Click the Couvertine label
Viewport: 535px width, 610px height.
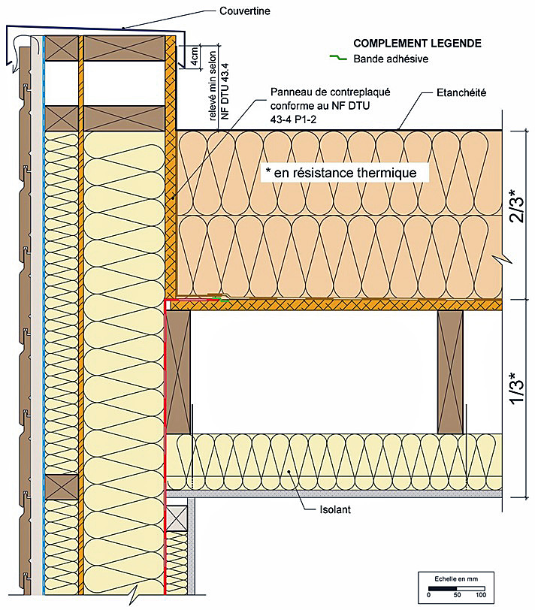coord(244,11)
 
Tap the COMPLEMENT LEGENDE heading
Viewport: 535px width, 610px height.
coord(417,43)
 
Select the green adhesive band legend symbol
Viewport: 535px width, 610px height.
coord(338,58)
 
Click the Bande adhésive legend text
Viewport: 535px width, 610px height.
coord(391,59)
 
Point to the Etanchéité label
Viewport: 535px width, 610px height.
coord(461,92)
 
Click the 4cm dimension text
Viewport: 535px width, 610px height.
coord(194,57)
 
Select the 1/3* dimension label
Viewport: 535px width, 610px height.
coord(517,388)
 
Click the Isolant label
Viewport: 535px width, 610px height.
coord(335,509)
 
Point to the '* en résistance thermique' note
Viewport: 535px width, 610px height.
coord(341,172)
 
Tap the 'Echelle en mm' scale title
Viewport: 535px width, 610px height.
coord(456,579)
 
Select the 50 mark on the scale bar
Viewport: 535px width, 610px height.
coord(457,594)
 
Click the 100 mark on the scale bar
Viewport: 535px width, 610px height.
coord(481,594)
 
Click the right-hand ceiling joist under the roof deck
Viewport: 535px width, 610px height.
coord(450,372)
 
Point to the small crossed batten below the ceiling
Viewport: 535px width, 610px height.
coord(177,518)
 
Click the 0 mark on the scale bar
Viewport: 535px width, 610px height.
coord(428,594)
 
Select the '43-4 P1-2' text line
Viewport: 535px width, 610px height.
coord(293,119)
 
